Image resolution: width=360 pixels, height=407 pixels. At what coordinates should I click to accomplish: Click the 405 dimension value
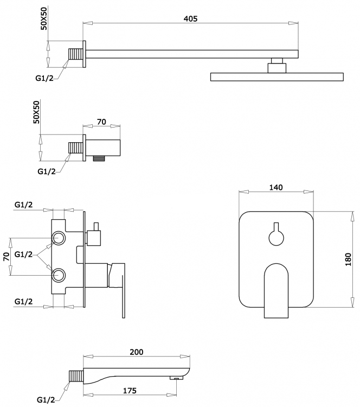pyautogui.click(x=190, y=18)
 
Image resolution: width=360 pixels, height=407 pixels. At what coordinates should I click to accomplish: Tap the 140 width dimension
pyautogui.click(x=276, y=187)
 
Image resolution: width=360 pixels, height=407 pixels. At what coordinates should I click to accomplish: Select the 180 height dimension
pyautogui.click(x=348, y=259)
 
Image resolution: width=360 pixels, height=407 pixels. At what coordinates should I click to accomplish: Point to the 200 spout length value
pyautogui.click(x=137, y=352)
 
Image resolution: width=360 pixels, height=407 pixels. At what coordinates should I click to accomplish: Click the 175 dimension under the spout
pyautogui.click(x=130, y=391)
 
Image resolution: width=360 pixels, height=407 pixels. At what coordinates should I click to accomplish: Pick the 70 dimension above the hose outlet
pyautogui.click(x=101, y=122)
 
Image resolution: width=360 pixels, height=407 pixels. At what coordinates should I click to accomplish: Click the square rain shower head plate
pyautogui.click(x=277, y=77)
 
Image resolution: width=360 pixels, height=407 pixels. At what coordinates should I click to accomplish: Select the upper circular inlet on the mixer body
pyautogui.click(x=59, y=238)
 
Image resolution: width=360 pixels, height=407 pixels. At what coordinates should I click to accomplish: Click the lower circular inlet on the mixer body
pyautogui.click(x=59, y=275)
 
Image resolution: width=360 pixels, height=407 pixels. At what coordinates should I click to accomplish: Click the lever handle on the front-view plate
pyautogui.click(x=276, y=291)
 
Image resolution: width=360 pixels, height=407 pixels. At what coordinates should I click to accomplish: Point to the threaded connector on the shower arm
pyautogui.click(x=75, y=54)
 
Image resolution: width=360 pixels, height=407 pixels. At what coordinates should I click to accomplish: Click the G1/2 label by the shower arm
pyautogui.click(x=44, y=78)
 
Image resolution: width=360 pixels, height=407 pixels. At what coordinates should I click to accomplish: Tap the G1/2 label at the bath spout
pyautogui.click(x=46, y=399)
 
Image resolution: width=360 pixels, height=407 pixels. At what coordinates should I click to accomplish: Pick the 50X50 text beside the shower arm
pyautogui.click(x=44, y=18)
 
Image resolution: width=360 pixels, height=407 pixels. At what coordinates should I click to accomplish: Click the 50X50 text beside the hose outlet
pyautogui.click(x=37, y=112)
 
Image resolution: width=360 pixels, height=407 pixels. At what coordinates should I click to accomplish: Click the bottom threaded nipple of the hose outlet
pyautogui.click(x=99, y=158)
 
